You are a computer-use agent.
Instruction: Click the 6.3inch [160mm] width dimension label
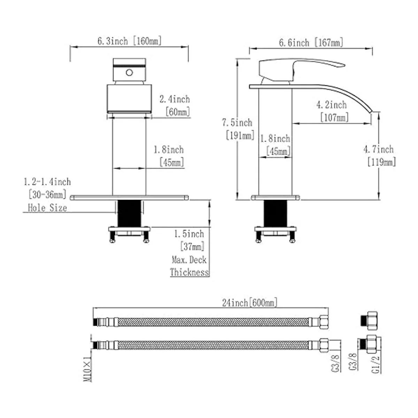[x=130, y=41]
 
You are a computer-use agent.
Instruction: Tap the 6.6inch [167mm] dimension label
[x=311, y=42]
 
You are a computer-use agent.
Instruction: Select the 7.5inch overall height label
[x=237, y=123]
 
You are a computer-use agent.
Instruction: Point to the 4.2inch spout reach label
[x=332, y=105]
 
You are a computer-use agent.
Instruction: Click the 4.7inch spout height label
[x=379, y=149]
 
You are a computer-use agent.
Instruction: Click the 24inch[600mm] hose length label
[x=250, y=303]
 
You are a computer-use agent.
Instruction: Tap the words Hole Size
[x=47, y=208]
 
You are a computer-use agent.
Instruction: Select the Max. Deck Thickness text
[x=189, y=266]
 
